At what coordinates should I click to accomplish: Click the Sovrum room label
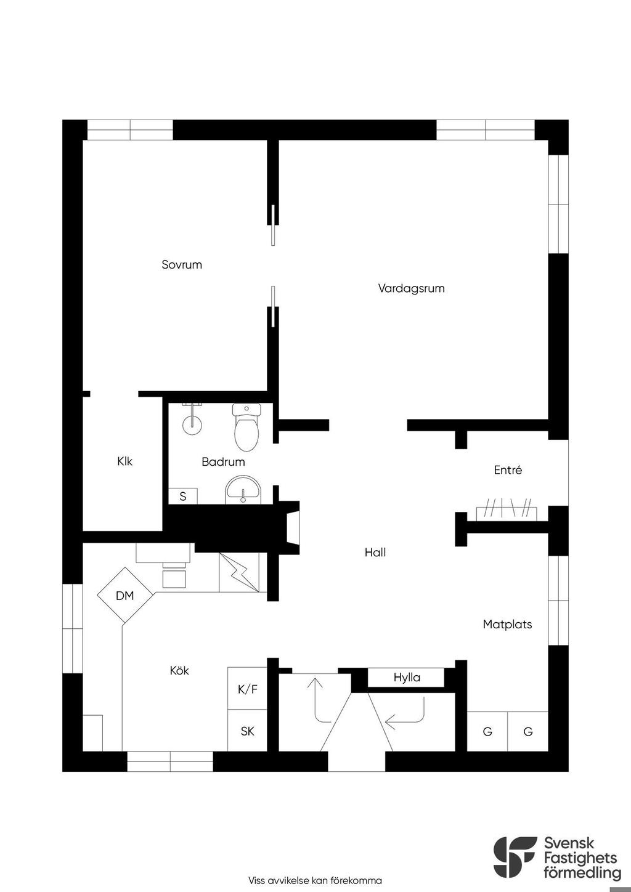pos(182,264)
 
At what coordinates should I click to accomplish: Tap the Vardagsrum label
pos(411,288)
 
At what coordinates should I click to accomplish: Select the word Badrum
pos(223,461)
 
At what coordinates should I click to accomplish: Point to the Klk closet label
pos(124,461)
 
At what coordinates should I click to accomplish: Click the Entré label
pos(508,469)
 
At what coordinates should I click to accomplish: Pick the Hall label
pos(375,552)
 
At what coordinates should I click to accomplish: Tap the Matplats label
pos(507,624)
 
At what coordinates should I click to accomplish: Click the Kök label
pos(179,671)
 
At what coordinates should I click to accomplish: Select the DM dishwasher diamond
pos(125,595)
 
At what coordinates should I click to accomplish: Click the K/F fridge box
pos(247,689)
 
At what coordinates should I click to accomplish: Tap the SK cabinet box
pos(247,731)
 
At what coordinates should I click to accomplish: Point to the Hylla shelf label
pos(407,678)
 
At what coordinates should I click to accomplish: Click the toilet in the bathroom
pos(246,426)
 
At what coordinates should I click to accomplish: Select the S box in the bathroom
pos(183,496)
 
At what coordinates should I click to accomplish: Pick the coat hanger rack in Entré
pos(507,509)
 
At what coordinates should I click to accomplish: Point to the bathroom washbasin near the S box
pos(243,490)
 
